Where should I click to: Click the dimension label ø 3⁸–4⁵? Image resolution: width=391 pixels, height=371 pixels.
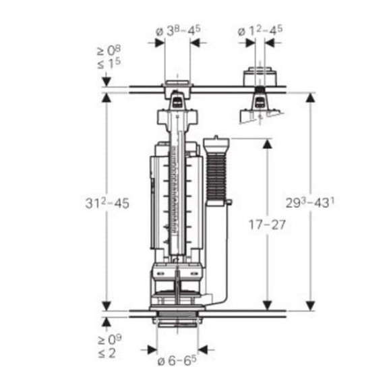178,30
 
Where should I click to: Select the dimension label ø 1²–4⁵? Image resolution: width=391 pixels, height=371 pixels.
260,30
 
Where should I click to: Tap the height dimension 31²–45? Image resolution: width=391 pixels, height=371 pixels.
107,202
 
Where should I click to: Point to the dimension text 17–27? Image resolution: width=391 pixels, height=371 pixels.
267,225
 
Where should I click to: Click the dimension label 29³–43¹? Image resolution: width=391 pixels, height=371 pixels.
310,202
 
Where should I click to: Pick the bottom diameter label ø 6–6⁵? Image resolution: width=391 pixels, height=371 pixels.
177,360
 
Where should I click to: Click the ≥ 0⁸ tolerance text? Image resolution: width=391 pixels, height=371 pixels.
109,51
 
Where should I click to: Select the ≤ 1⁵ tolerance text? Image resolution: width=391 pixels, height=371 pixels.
109,63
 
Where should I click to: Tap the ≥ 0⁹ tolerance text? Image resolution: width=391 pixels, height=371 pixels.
110,339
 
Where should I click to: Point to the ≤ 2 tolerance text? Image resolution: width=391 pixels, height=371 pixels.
107,353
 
